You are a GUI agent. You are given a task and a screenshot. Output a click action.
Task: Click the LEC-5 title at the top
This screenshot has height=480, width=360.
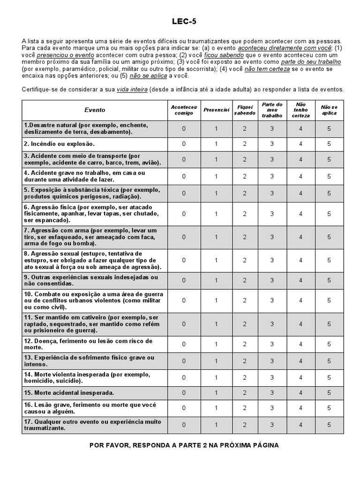(184, 21)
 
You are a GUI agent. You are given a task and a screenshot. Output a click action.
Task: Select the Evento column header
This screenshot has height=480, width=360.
(95, 110)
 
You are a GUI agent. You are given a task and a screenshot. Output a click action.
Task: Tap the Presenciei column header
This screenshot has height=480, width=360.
(216, 110)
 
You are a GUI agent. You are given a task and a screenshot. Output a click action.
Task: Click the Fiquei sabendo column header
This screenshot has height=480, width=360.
(245, 110)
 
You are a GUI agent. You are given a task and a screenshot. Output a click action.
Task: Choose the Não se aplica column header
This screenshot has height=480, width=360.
(329, 110)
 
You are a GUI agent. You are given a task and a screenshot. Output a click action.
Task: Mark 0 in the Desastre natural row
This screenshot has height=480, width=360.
(184, 128)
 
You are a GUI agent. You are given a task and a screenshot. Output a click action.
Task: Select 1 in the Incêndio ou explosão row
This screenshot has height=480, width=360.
(216, 144)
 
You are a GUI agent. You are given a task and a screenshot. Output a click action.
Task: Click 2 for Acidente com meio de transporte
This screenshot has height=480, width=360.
(245, 159)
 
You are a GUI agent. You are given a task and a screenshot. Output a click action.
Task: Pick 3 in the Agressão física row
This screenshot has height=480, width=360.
(272, 214)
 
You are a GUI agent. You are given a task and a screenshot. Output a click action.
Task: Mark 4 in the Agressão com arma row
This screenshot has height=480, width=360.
(301, 237)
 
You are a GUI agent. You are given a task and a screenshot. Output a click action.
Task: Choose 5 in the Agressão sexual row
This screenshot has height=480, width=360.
(329, 260)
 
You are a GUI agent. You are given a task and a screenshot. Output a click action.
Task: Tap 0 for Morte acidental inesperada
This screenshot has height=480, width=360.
(184, 392)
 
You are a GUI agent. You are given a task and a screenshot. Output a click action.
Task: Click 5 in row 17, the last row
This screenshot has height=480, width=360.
(329, 425)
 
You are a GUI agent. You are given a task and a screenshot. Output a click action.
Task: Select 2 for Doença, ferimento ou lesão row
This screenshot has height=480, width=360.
(245, 344)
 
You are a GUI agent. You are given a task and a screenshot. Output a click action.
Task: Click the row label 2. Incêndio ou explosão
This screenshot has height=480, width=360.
(60, 144)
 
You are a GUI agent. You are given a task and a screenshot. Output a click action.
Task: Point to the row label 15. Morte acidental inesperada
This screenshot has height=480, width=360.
(69, 392)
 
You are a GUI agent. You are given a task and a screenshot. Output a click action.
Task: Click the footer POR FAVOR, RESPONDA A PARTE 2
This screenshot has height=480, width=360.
(184, 445)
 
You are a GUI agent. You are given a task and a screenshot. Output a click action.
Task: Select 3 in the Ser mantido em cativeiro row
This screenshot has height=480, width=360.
(272, 324)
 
